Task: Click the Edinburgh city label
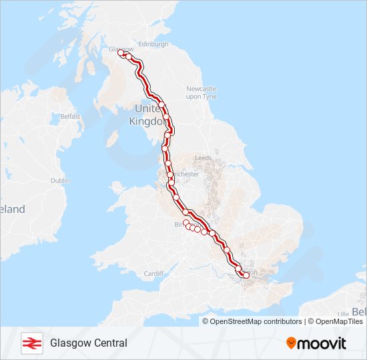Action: point(153,44)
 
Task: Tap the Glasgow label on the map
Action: point(121,49)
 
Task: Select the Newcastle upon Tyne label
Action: point(202,93)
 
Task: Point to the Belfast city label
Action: point(70,116)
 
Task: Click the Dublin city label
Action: point(60,180)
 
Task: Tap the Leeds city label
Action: point(203,158)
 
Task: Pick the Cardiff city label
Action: point(153,273)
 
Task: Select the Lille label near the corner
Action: point(344,313)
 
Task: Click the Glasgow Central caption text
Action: point(88,343)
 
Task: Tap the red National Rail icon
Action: point(30,343)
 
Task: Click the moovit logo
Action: point(316,343)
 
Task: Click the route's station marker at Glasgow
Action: point(121,54)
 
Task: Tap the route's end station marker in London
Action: point(246,275)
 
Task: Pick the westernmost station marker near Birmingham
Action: point(186,223)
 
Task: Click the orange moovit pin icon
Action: point(292,343)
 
